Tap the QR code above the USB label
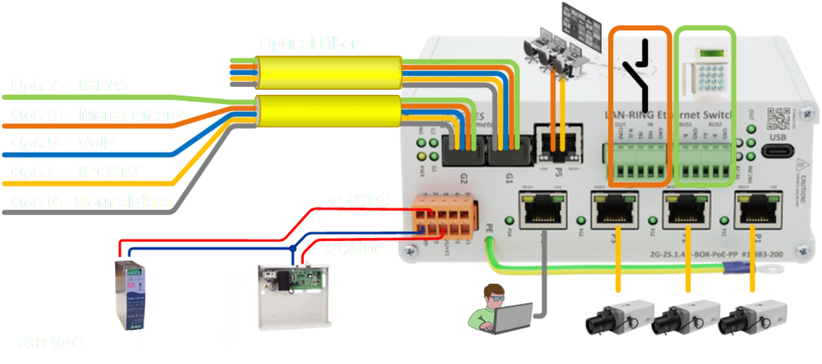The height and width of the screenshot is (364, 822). click(779, 118)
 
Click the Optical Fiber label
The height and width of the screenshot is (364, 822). click(309, 44)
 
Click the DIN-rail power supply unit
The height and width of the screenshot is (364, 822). click(130, 293)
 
